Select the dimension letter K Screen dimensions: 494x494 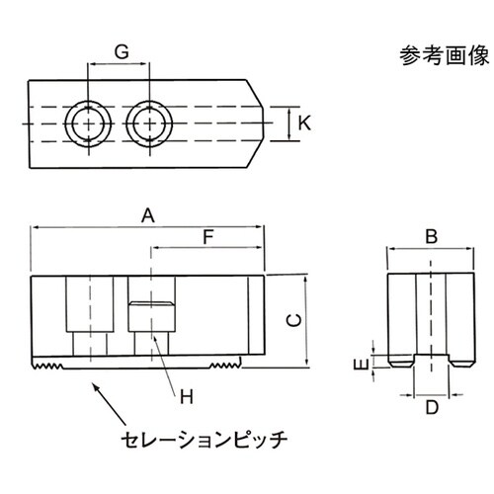[x=304, y=123]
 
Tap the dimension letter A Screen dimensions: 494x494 [x=148, y=215]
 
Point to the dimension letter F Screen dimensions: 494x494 [x=207, y=237]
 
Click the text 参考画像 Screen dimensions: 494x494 [x=440, y=55]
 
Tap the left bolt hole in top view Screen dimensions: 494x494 [x=88, y=124]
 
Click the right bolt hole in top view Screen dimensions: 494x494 [x=149, y=124]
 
